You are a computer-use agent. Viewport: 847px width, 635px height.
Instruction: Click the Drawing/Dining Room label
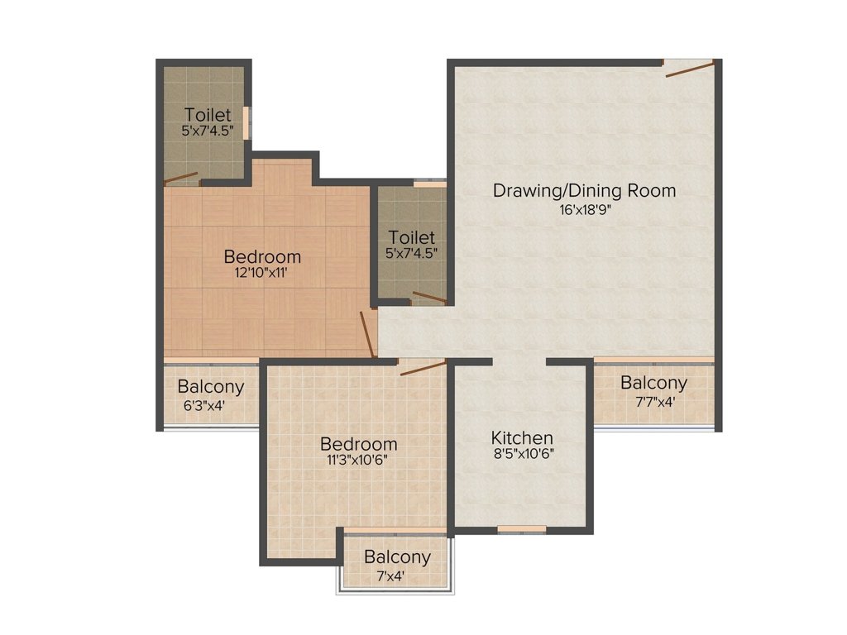[585, 191]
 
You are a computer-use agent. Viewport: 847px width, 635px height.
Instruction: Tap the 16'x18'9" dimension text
[585, 209]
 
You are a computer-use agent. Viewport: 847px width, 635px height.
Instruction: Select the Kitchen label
[522, 437]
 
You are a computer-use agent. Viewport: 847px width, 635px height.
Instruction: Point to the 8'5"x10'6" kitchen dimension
[524, 454]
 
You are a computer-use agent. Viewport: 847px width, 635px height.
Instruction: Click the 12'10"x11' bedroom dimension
[260, 272]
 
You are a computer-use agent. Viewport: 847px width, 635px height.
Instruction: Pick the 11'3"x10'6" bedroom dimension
[357, 460]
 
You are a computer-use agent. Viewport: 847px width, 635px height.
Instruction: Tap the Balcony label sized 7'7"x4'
[653, 383]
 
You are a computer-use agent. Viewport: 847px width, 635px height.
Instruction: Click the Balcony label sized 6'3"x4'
[211, 387]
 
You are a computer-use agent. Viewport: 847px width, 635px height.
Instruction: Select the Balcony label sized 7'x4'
[397, 556]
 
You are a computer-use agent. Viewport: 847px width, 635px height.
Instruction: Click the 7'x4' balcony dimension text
[390, 576]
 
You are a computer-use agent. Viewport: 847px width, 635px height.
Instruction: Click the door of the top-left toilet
[181, 179]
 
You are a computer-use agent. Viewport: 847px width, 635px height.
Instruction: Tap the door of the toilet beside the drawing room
[429, 297]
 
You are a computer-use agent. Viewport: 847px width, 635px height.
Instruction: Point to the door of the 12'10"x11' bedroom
[368, 334]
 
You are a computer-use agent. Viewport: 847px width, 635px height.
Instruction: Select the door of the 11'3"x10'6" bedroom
[423, 368]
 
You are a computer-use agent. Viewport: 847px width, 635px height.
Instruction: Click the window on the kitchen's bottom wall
[522, 529]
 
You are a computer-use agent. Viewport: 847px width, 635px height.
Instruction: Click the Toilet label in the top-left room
[208, 114]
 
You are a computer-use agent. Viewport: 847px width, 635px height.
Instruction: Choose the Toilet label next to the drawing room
[412, 237]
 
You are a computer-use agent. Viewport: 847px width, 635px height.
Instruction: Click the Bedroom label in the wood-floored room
[262, 256]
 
